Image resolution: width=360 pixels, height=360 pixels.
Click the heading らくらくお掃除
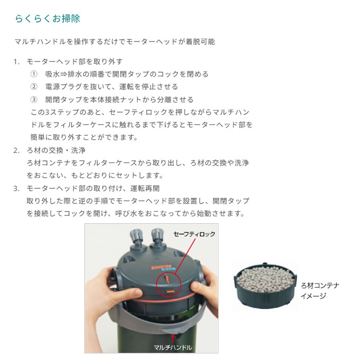coord(47,19)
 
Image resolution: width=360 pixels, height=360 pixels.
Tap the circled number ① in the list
coord(34,74)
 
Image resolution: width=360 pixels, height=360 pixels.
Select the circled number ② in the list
coord(34,87)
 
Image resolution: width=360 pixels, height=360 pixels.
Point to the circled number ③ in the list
coord(34,100)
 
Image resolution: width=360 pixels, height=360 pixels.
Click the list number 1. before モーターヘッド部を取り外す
coord(16,61)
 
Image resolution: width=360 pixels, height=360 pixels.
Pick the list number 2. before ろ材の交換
coord(16,150)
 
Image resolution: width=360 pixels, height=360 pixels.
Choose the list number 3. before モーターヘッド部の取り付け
coord(16,188)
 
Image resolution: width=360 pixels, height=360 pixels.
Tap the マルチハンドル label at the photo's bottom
coord(173,348)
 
